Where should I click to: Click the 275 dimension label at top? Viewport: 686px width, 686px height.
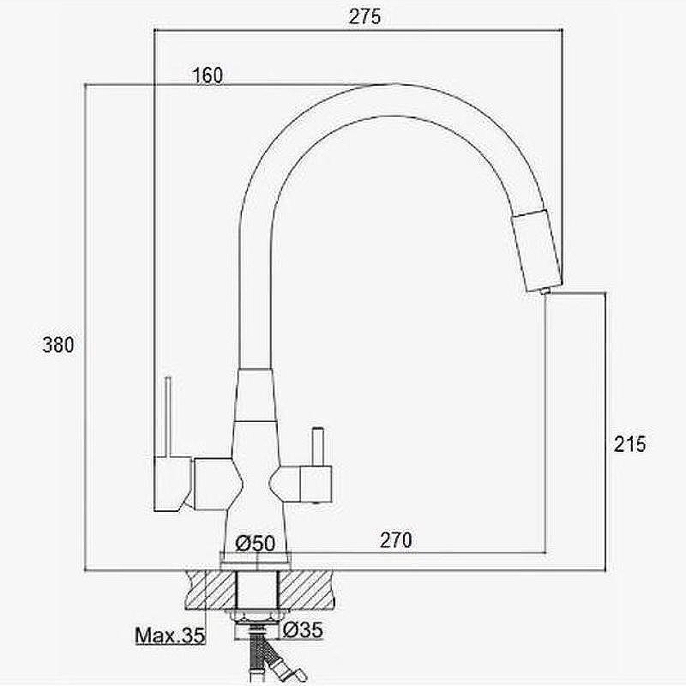pos(365,16)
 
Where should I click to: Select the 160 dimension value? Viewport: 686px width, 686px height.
pos(208,75)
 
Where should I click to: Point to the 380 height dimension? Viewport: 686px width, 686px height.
pos(58,345)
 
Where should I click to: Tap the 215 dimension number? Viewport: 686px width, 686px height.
pos(629,444)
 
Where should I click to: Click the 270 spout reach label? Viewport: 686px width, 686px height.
pos(396,540)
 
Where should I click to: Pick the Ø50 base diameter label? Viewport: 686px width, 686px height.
pos(256,543)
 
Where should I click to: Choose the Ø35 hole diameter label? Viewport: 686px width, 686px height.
pos(303,629)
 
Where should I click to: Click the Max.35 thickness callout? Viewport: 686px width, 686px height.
pos(170,635)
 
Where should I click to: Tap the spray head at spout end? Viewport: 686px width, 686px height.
pos(537,251)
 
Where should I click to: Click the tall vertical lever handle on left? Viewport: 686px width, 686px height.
pos(167,417)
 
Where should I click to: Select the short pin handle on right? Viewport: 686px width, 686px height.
pos(317,447)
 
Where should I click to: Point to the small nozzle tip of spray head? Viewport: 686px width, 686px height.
pos(545,291)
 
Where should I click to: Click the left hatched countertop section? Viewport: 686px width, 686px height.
pos(211,589)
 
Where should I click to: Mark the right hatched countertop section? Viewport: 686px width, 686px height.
pos(306,589)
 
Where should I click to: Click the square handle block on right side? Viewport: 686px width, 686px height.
pos(316,484)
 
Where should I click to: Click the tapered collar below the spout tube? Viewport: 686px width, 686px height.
pos(256,395)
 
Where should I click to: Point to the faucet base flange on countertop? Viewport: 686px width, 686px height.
pos(256,562)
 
